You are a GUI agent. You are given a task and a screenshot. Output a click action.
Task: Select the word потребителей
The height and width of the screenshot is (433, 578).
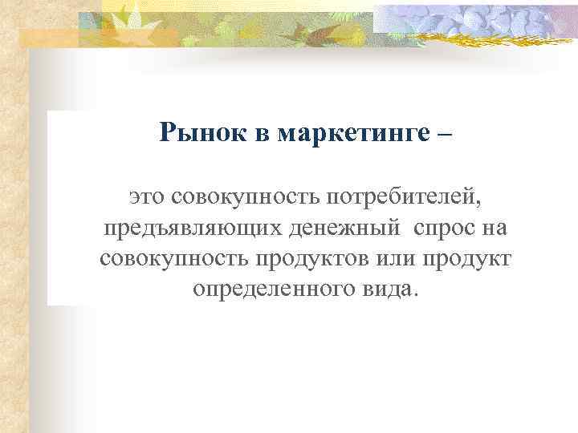pyautogui.click(x=397, y=196)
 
